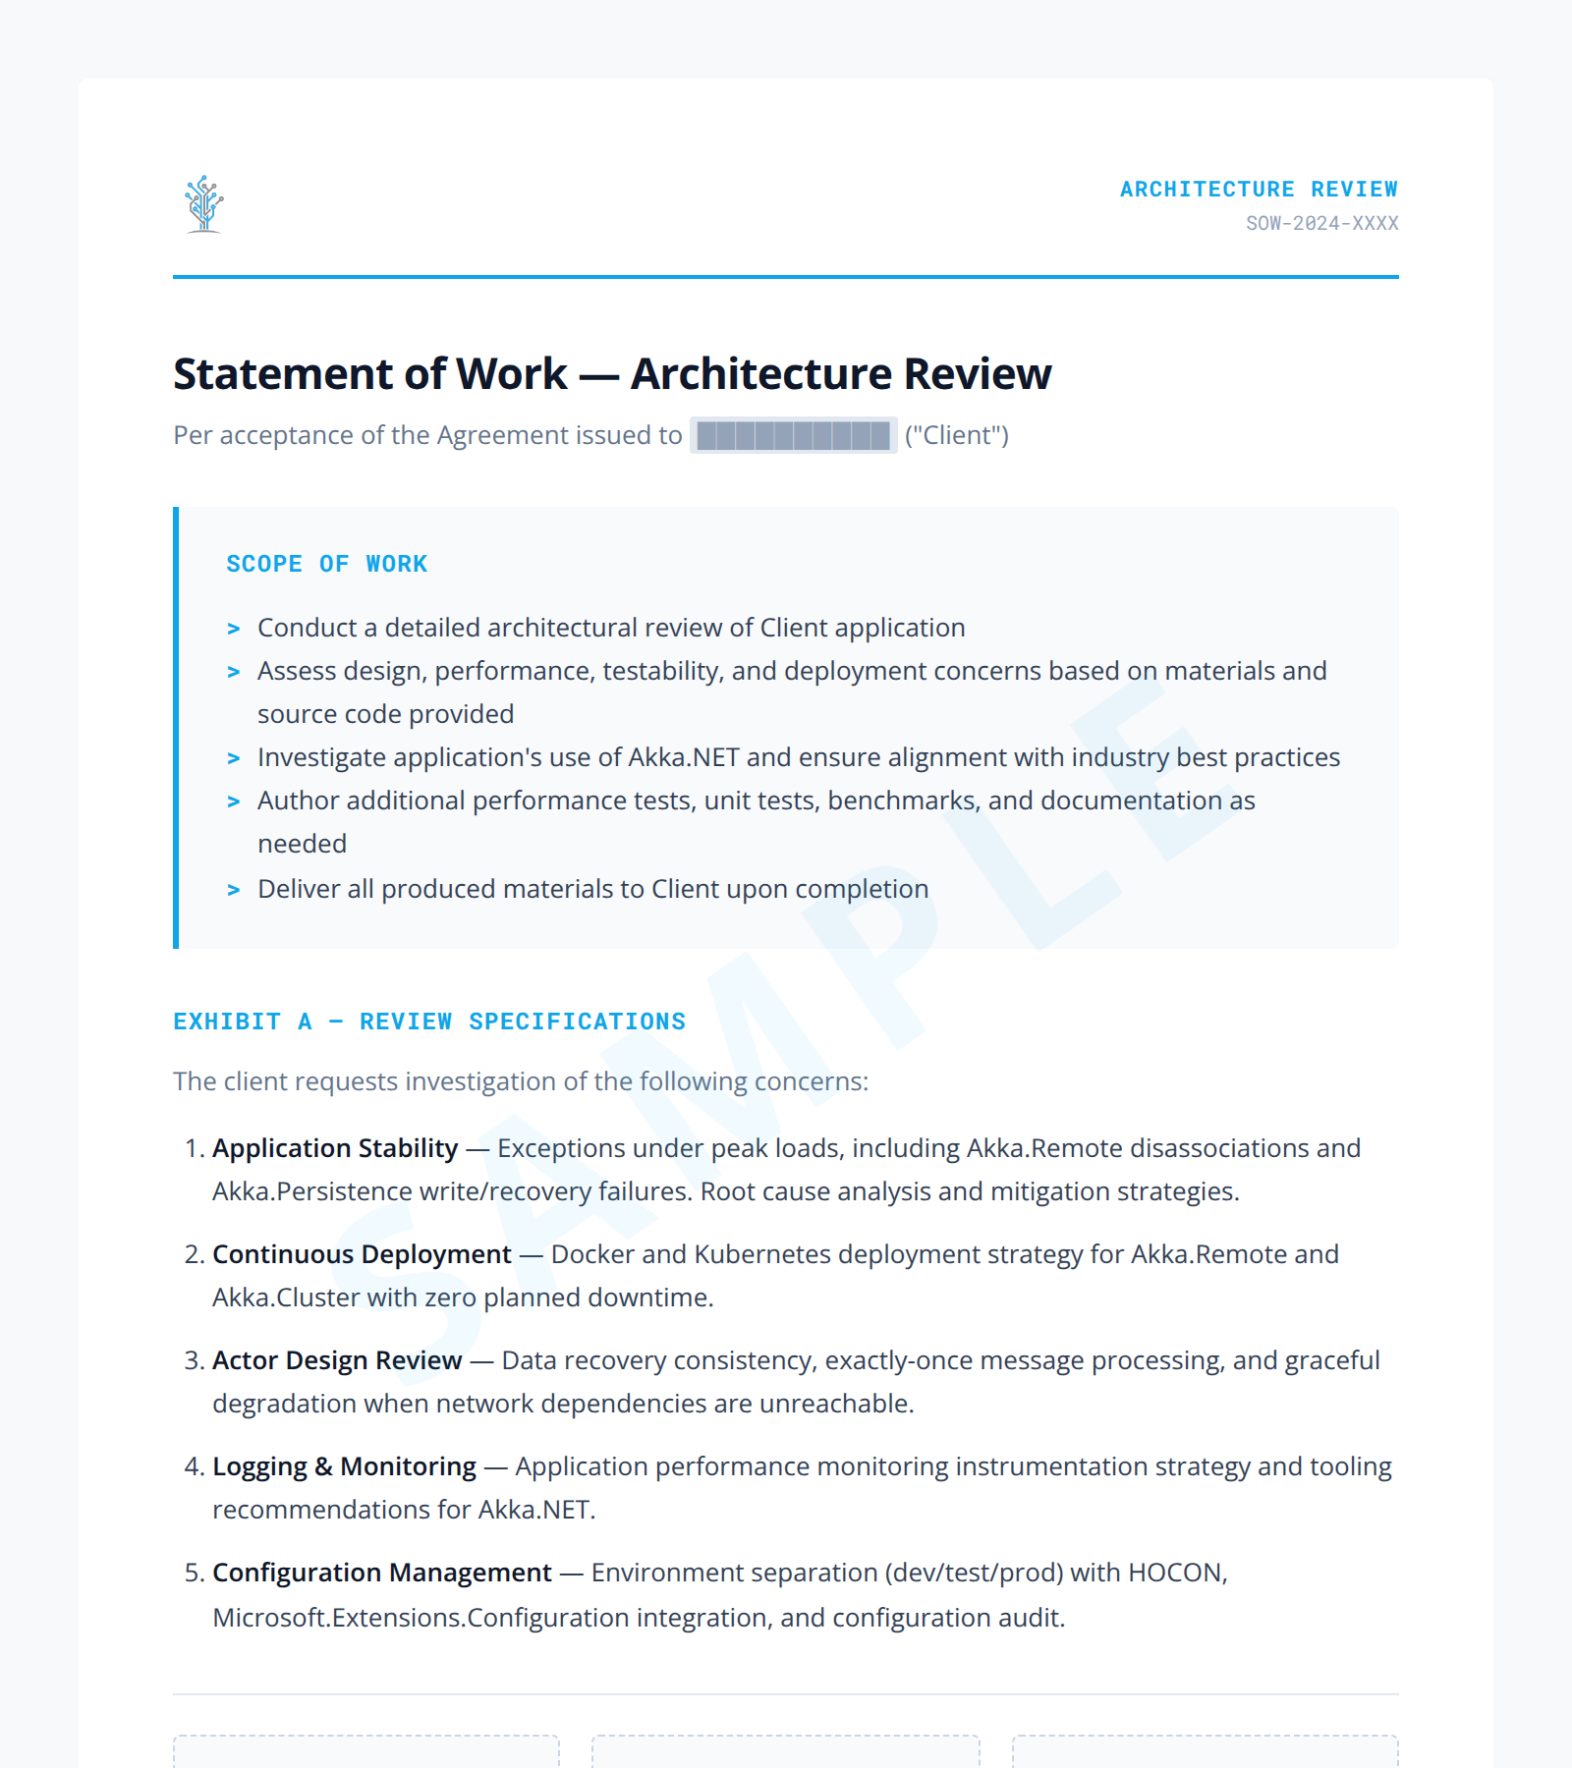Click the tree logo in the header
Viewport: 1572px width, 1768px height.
tap(203, 204)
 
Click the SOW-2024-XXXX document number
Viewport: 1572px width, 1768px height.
tap(1321, 223)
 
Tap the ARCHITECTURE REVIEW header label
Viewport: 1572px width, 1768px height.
tap(1259, 189)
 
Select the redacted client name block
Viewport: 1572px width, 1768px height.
tap(793, 435)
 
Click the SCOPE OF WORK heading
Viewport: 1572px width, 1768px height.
tap(326, 564)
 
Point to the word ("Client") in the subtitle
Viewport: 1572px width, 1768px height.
tap(957, 435)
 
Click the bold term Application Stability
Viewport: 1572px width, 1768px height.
tap(335, 1148)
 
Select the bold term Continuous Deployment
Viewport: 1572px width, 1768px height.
tap(362, 1254)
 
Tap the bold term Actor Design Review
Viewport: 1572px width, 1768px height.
tap(337, 1360)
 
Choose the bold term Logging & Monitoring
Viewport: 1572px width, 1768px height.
tap(344, 1466)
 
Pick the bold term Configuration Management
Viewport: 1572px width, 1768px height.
tap(382, 1573)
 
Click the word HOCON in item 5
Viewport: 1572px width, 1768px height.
tap(1176, 1573)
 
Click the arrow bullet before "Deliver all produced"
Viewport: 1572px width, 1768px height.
tap(234, 890)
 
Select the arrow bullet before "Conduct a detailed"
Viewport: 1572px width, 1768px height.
tap(234, 629)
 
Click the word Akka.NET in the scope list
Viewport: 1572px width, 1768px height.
tap(683, 757)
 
